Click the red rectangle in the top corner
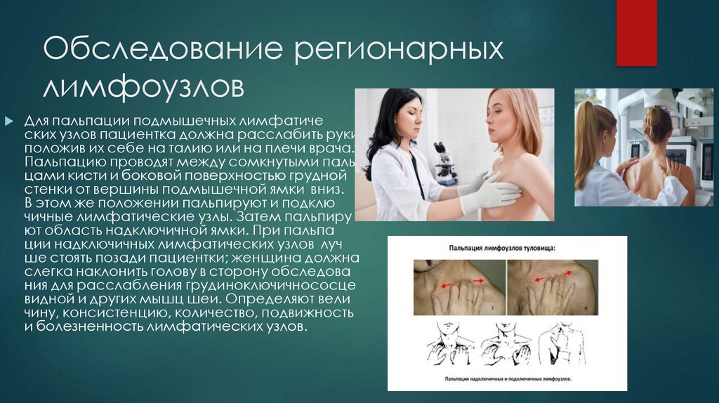coord(636,32)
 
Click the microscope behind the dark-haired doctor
coord(444,162)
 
